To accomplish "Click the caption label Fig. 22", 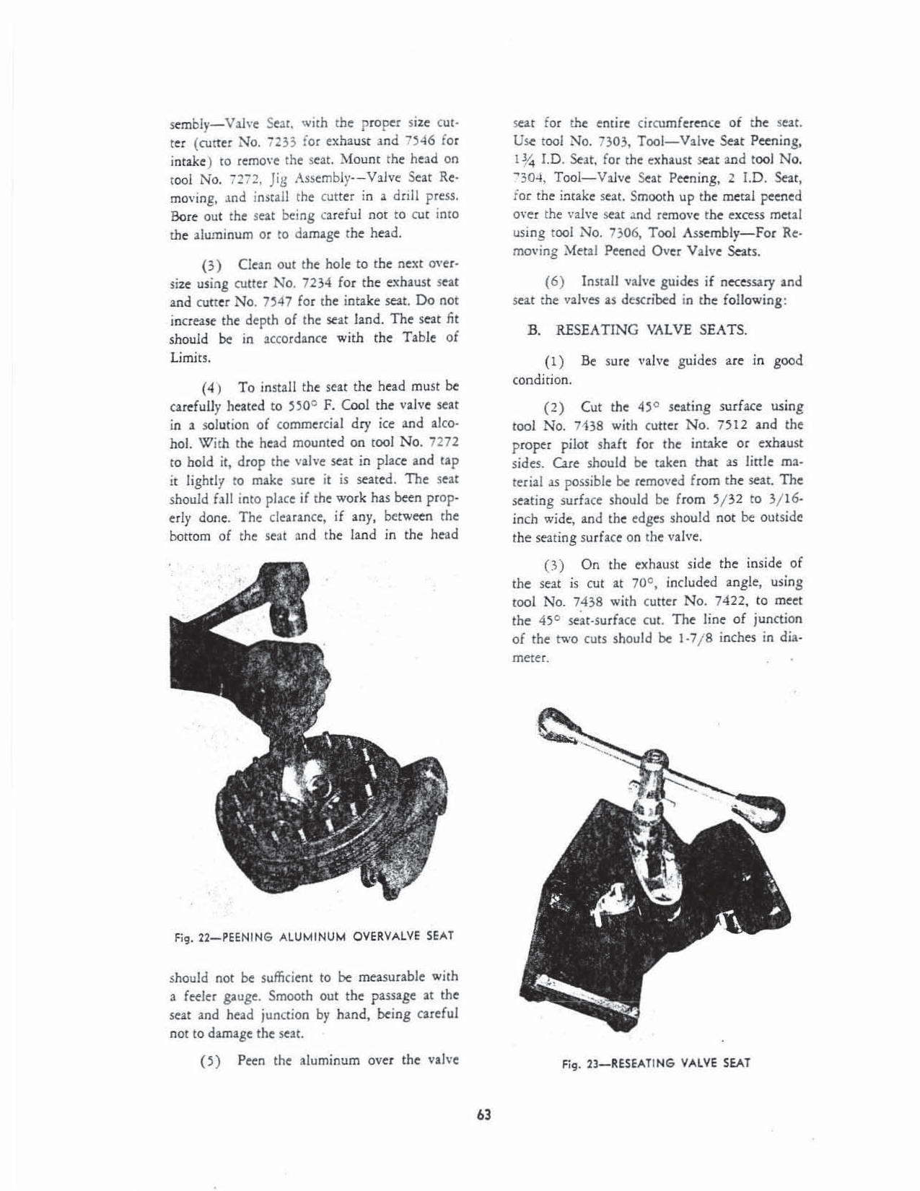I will pos(186,937).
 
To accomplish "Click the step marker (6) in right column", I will pos(554,282).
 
